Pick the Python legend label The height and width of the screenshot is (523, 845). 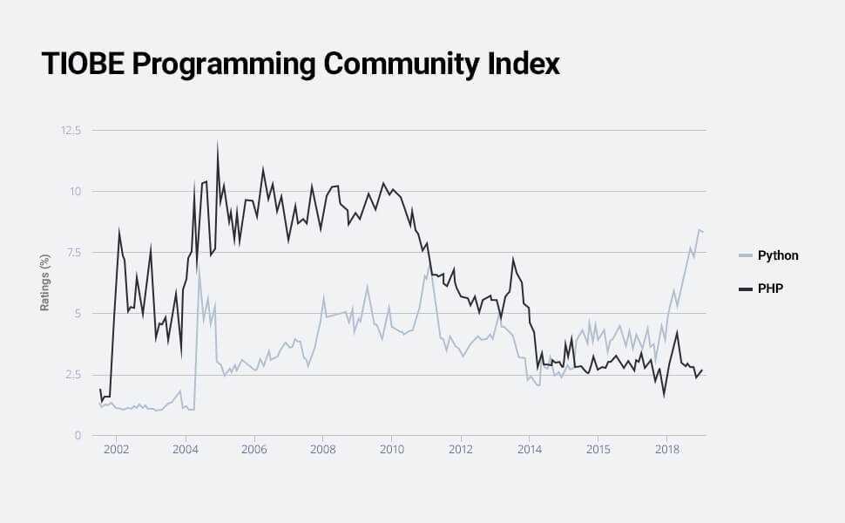[778, 255]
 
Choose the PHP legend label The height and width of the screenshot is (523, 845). [770, 288]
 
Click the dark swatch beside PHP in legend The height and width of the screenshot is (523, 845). [745, 288]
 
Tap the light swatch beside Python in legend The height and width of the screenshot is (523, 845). [745, 255]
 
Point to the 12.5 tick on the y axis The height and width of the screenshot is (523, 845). [70, 131]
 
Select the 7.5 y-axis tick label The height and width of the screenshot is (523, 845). [71, 253]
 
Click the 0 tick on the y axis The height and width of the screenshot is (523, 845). [78, 436]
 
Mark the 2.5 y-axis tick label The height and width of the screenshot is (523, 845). [71, 375]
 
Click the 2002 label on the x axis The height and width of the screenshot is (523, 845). [116, 450]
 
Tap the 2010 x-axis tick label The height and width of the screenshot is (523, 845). [391, 450]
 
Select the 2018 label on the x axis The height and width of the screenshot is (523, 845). [666, 450]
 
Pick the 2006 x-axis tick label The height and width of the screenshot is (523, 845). [253, 450]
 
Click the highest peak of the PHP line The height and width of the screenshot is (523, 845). [217, 143]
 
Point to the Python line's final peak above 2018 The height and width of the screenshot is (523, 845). [699, 229]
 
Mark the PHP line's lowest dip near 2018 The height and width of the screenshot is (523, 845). [664, 396]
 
